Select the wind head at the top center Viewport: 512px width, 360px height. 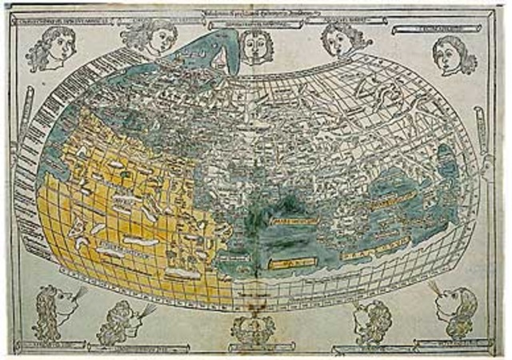click(x=255, y=44)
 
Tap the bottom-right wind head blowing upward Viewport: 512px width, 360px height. click(x=454, y=308)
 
